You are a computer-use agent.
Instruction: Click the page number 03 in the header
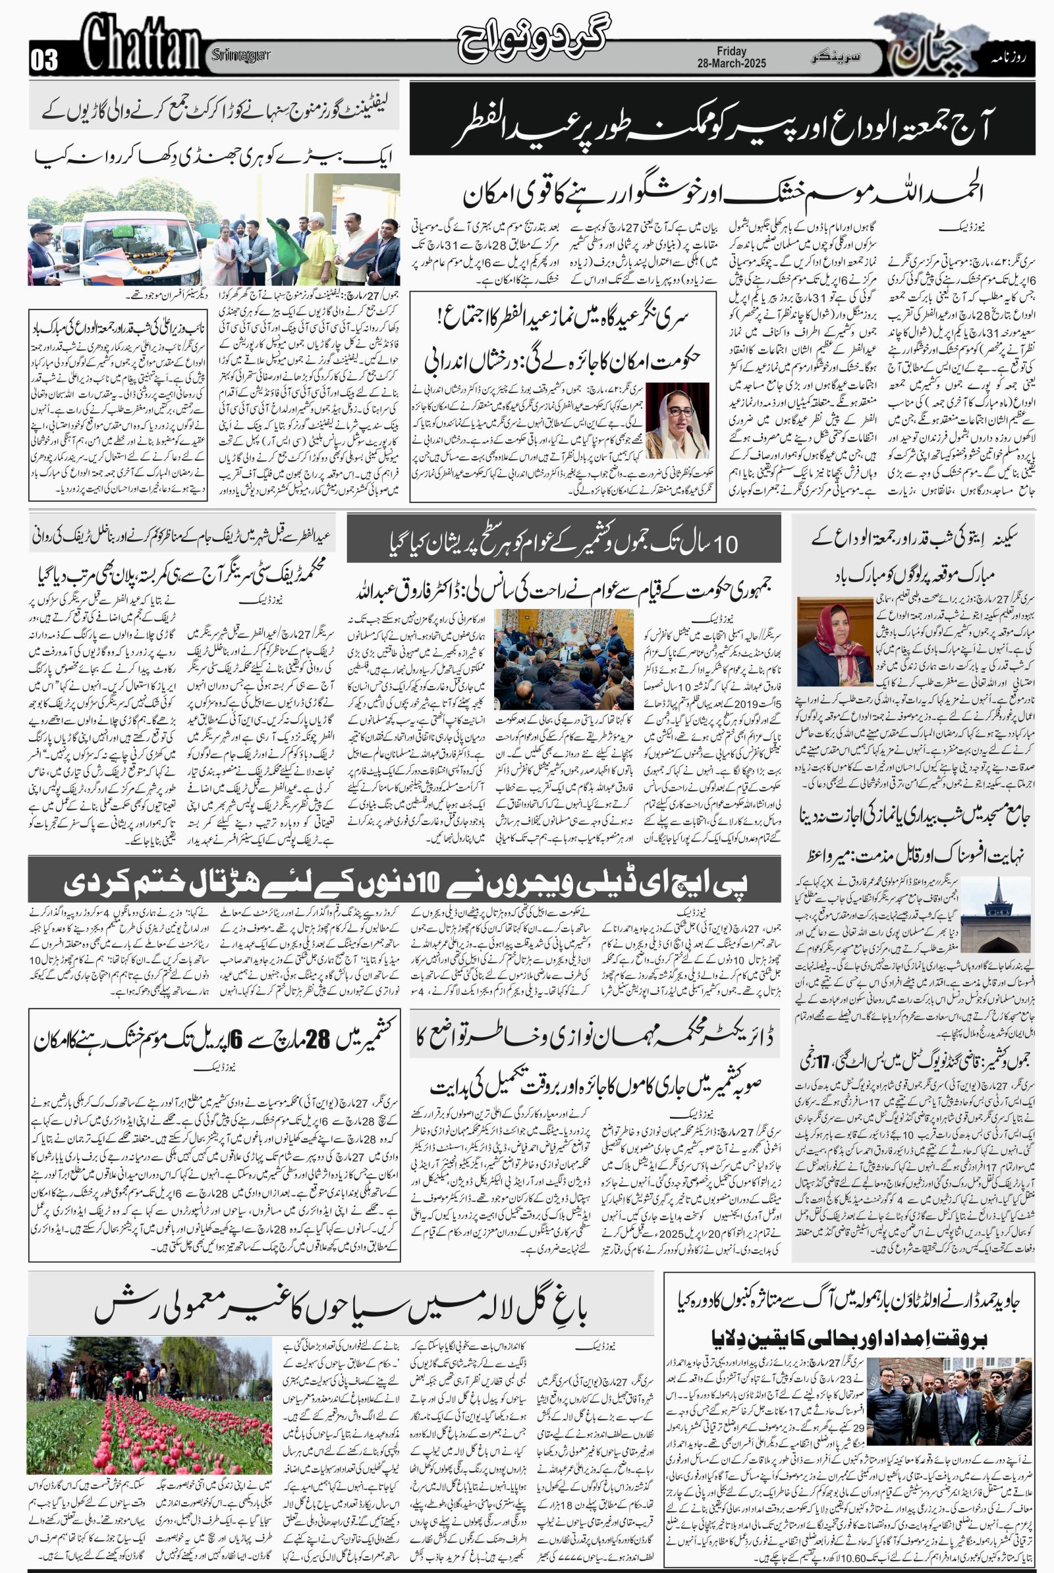44,61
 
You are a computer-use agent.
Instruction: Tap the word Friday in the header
731,51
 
